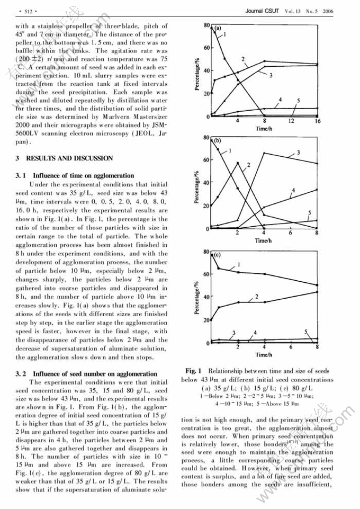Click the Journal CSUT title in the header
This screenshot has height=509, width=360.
click(x=262, y=10)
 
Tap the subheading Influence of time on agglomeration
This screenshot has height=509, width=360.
click(x=84, y=175)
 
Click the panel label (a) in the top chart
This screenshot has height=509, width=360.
click(x=218, y=28)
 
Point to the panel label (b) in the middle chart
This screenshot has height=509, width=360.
click(x=218, y=140)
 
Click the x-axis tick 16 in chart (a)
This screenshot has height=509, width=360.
click(x=318, y=121)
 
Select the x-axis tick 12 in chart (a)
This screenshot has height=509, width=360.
click(x=291, y=121)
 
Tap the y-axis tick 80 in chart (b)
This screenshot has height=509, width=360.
click(x=207, y=138)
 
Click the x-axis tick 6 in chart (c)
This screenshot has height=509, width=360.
click(x=291, y=347)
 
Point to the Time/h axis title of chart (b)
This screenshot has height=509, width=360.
click(x=264, y=240)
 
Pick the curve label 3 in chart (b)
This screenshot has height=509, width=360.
click(x=299, y=153)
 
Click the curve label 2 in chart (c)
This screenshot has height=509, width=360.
click(x=257, y=296)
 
